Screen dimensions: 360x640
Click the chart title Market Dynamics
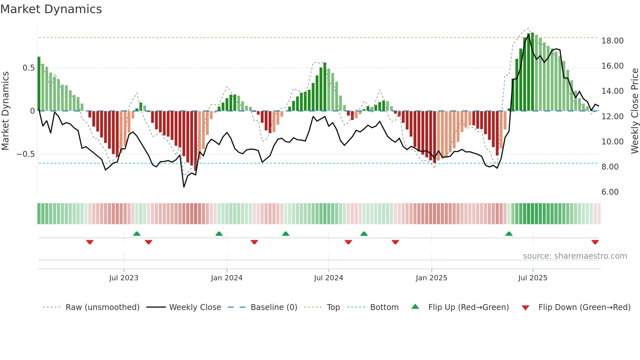click(51, 9)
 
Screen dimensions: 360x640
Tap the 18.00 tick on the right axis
click(612, 41)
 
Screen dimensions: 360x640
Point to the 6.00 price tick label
click(610, 192)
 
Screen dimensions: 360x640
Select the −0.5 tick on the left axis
click(25, 154)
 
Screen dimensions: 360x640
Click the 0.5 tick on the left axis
click(28, 68)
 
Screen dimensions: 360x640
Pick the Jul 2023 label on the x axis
click(124, 278)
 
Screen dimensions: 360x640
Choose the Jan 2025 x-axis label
click(431, 278)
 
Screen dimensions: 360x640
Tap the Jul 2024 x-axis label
click(328, 278)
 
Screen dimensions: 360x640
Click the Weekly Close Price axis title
click(634, 111)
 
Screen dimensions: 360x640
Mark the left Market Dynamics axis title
click(5, 111)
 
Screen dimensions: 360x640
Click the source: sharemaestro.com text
click(575, 256)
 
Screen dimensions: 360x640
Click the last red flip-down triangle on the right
click(595, 242)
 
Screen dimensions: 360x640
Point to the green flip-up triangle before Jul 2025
click(509, 234)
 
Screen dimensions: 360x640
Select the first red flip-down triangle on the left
click(90, 242)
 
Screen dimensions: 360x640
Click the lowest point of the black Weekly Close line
click(184, 187)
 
